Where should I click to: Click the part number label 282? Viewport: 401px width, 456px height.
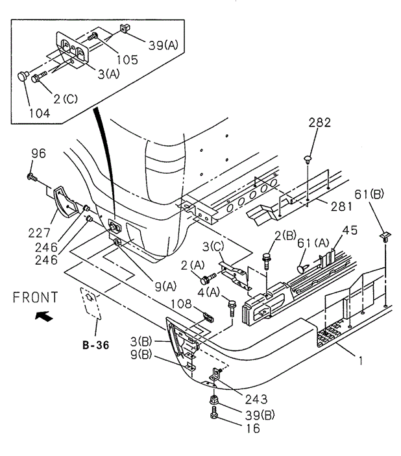[319, 123]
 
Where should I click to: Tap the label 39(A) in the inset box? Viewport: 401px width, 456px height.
[164, 45]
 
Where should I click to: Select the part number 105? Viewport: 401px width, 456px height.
[127, 60]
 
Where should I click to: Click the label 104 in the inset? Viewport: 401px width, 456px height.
[40, 113]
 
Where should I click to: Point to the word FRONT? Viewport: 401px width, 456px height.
[36, 297]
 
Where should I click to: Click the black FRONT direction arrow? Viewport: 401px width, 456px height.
[44, 316]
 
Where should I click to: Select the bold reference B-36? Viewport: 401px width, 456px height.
[96, 345]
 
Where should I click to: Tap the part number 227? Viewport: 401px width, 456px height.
[40, 233]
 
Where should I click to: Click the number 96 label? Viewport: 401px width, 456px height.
[38, 153]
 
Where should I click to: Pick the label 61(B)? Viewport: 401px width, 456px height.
[369, 194]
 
